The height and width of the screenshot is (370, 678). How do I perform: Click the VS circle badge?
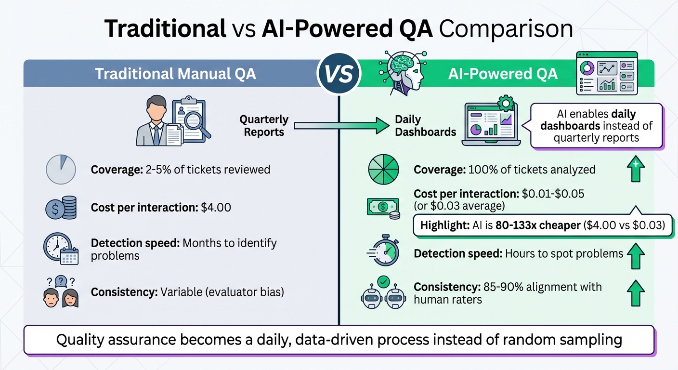(x=339, y=74)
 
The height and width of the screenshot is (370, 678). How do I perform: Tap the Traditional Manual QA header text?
(x=175, y=74)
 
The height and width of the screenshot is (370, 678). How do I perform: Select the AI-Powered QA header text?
(x=503, y=74)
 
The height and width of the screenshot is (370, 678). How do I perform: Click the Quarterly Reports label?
(x=264, y=126)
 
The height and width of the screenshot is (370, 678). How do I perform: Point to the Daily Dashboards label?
(x=425, y=126)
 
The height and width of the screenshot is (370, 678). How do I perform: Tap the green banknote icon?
(x=383, y=207)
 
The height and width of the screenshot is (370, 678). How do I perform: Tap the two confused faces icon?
(x=61, y=292)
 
